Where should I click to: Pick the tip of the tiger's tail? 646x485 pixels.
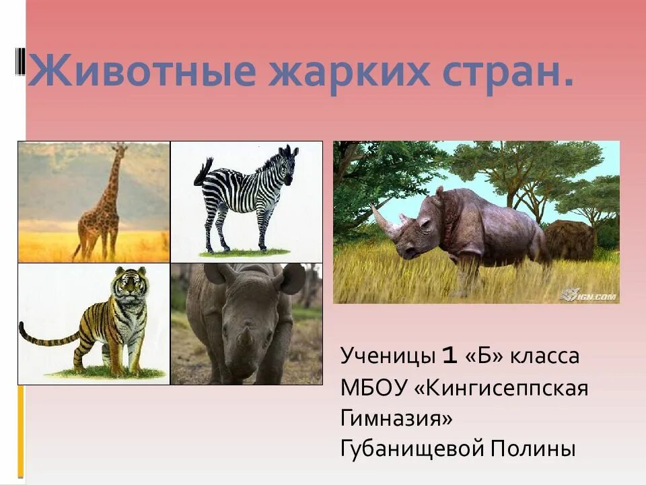[x=22, y=326]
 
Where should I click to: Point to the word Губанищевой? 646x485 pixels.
[x=412, y=449]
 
